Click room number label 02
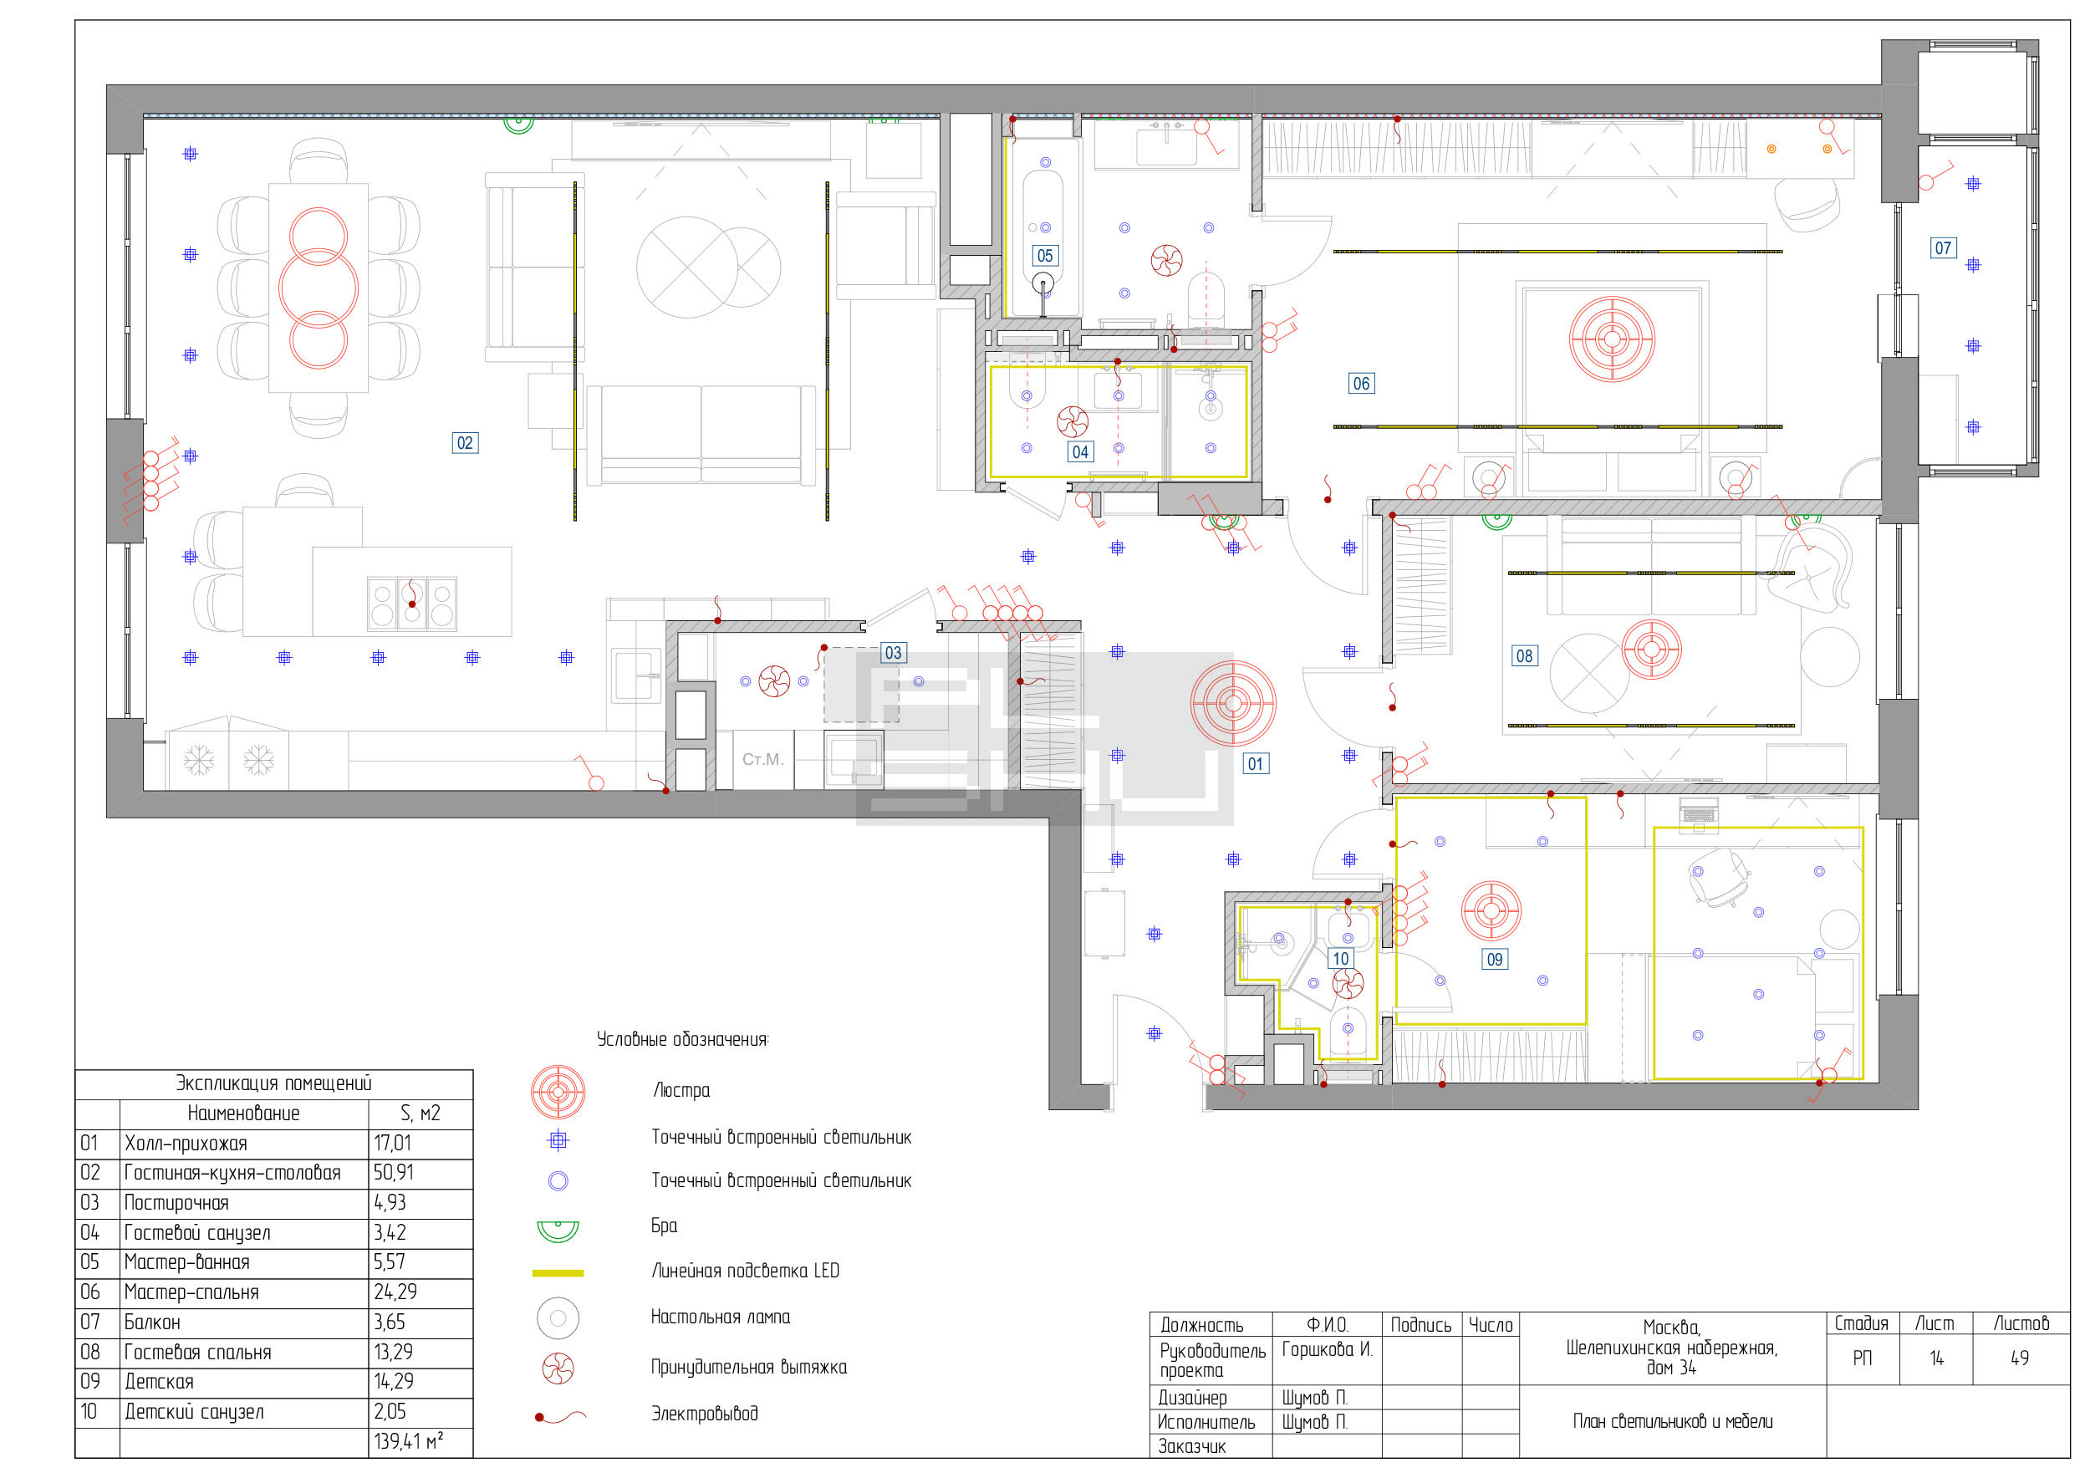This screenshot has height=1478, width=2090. click(x=464, y=443)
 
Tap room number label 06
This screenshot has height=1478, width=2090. click(x=1361, y=383)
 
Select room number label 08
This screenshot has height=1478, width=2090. click(x=1524, y=655)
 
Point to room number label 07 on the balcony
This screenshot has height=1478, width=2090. click(x=1943, y=247)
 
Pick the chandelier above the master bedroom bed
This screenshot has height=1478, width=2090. click(x=1611, y=339)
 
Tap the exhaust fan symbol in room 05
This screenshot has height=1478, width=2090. click(x=1166, y=260)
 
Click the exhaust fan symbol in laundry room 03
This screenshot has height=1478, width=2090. click(x=774, y=680)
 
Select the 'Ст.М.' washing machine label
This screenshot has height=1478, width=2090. click(x=762, y=759)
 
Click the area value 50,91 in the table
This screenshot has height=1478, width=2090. click(x=393, y=1172)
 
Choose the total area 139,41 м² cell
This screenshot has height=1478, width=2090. click(x=408, y=1441)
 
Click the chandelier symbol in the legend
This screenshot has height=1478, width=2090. click(x=558, y=1091)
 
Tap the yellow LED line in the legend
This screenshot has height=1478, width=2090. click(x=557, y=1272)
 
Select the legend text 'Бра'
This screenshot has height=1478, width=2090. click(x=664, y=1226)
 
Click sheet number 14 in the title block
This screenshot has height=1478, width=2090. click(x=1936, y=1358)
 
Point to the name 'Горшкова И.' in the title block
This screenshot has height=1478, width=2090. click(x=1326, y=1348)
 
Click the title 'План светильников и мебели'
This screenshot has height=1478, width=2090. click(x=1672, y=1422)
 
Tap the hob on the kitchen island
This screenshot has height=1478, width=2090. click(x=411, y=603)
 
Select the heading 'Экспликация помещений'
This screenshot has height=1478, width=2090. click(x=273, y=1083)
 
